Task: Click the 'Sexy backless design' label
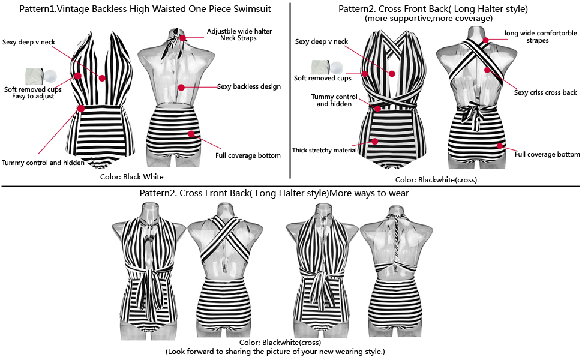tap(249, 87)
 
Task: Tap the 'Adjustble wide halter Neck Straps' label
tap(237, 34)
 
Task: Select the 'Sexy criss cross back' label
tap(545, 92)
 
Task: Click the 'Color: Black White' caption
tap(132, 177)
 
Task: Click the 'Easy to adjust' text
tap(34, 96)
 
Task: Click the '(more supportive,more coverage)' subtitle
tap(429, 19)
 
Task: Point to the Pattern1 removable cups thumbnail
tap(40, 76)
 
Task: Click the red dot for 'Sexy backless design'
tap(181, 88)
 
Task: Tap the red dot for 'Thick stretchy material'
tap(375, 142)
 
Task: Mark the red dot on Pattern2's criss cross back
tap(488, 70)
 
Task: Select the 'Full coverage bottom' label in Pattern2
tap(547, 154)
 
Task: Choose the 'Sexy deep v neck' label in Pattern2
tap(321, 41)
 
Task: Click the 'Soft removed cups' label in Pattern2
tap(322, 78)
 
